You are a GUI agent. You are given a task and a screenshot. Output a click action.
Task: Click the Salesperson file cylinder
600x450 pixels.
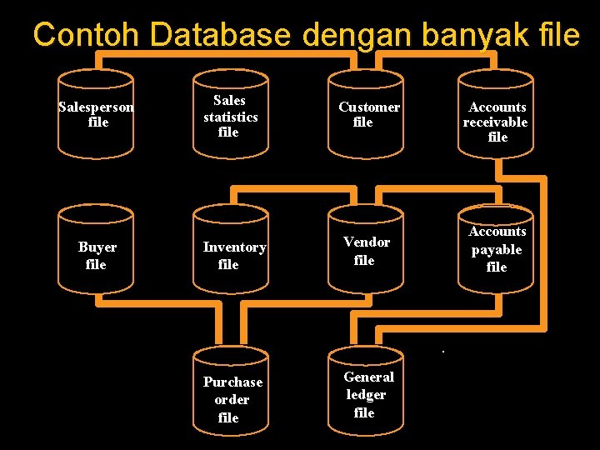tap(96, 114)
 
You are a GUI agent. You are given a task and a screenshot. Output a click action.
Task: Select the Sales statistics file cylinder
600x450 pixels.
tap(231, 114)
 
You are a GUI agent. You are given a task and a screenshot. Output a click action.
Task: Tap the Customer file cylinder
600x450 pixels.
tap(365, 114)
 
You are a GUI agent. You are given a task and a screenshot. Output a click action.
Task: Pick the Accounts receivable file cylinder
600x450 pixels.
tap(497, 114)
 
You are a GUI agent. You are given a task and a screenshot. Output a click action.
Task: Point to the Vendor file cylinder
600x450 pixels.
tap(365, 251)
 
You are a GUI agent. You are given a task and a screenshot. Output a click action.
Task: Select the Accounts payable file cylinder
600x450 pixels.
tap(497, 251)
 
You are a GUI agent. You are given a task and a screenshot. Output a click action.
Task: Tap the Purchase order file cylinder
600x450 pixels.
tap(231, 392)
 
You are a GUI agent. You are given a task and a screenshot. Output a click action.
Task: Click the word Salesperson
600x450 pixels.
tap(96, 107)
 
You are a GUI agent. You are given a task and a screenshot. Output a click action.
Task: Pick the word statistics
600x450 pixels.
tap(231, 116)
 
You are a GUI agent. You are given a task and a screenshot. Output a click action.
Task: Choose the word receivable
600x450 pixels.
tap(496, 122)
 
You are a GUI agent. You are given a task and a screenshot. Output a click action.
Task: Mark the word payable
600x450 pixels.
tap(497, 249)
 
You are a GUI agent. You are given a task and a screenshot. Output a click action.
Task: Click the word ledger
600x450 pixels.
tap(367, 394)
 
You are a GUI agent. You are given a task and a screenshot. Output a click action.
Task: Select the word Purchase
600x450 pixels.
tap(232, 382)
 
